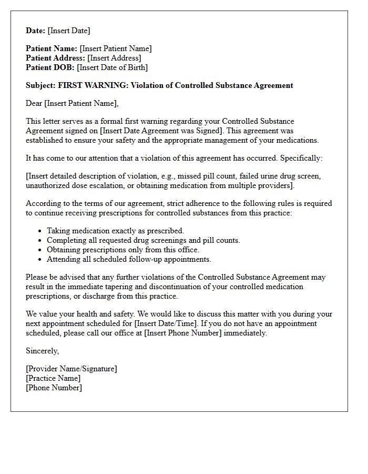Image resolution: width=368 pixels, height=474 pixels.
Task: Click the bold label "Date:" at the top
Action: (x=35, y=31)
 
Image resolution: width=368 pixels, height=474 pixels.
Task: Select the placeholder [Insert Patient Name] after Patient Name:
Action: (x=116, y=48)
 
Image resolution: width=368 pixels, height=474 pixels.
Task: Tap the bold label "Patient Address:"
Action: (x=55, y=58)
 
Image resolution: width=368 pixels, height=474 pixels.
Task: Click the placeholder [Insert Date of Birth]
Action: (x=112, y=67)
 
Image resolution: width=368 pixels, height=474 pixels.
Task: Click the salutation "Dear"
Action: (x=34, y=103)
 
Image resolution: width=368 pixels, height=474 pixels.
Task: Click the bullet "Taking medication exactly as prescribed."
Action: (x=115, y=231)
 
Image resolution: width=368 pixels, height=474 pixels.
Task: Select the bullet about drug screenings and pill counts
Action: (x=143, y=240)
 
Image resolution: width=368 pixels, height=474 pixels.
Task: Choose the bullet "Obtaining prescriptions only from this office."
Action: (x=123, y=250)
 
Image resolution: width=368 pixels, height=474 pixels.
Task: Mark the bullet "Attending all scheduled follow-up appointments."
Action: (x=129, y=259)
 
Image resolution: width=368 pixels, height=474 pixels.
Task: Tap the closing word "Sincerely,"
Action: (x=43, y=351)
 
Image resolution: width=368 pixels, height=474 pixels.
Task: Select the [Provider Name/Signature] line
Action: (x=71, y=369)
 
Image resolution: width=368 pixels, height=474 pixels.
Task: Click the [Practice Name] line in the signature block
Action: (x=53, y=378)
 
